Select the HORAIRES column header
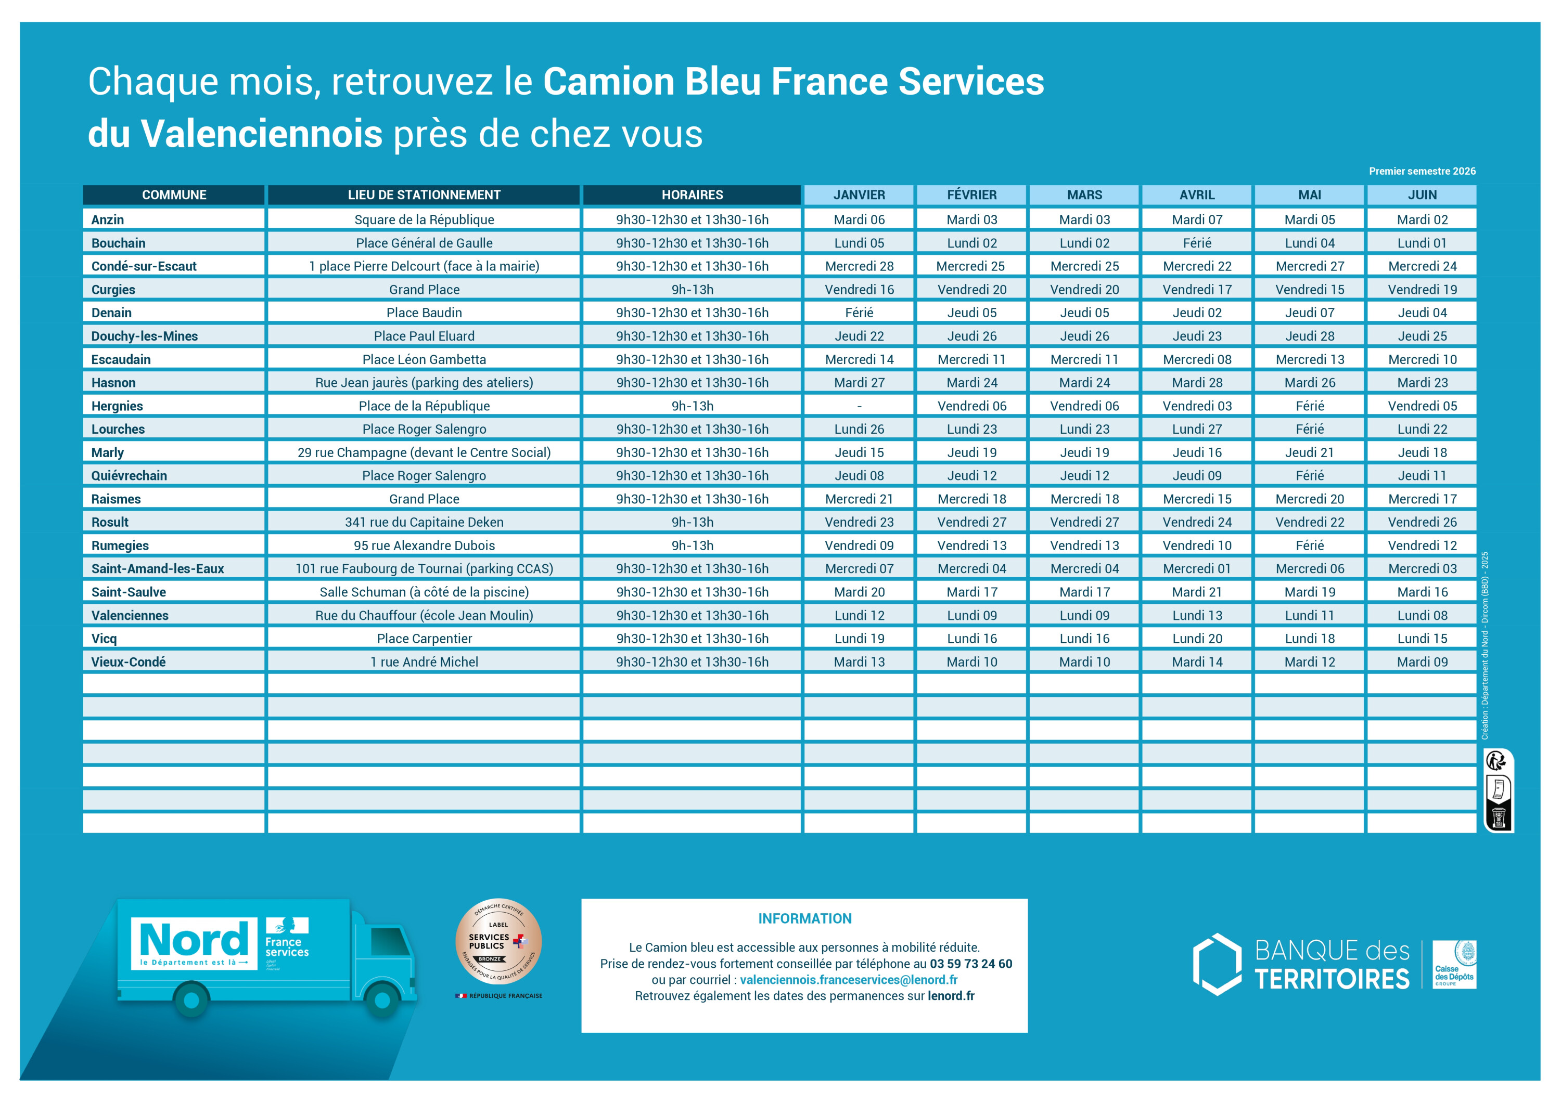(x=692, y=195)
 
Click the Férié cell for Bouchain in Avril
(x=1197, y=243)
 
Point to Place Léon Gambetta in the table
(x=424, y=359)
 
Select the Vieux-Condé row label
(x=129, y=662)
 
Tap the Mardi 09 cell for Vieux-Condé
(x=1422, y=662)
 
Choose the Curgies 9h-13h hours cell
(x=692, y=290)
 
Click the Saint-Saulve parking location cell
(x=424, y=592)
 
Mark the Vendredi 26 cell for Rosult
(x=1422, y=522)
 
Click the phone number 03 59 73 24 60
(x=970, y=964)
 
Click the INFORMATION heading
(x=804, y=919)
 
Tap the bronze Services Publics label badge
(x=498, y=941)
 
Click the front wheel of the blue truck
(x=382, y=1000)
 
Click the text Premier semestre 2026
(x=1422, y=171)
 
